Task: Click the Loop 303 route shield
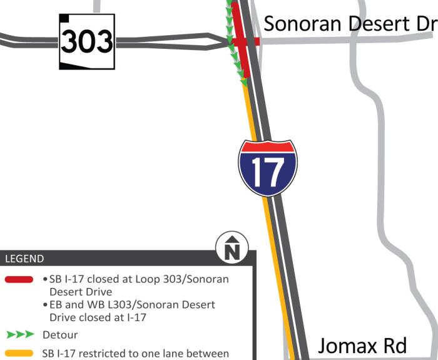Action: tap(87, 41)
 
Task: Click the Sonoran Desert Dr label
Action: tap(350, 24)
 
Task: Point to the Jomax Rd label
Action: tap(362, 346)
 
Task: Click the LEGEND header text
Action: tap(24, 259)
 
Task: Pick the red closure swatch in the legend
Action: tap(19, 279)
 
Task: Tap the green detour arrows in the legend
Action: tap(19, 336)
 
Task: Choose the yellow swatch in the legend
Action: tap(19, 354)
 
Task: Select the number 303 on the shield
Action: tap(87, 43)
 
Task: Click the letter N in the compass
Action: tap(232, 250)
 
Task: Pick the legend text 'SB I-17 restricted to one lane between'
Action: tap(135, 354)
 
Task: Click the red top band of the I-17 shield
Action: tap(268, 147)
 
